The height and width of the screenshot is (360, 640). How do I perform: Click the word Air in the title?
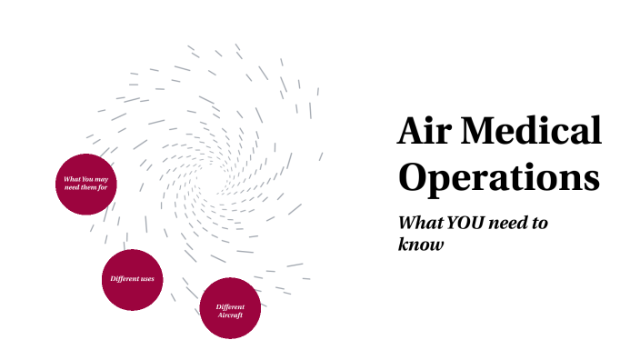pyautogui.click(x=423, y=133)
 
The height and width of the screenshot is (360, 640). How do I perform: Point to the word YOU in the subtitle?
pyautogui.click(x=470, y=224)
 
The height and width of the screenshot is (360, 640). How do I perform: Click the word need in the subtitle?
pyautogui.click(x=515, y=224)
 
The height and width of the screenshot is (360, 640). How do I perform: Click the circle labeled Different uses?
pyautogui.click(x=133, y=279)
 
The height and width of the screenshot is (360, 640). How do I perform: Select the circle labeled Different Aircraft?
pyautogui.click(x=230, y=308)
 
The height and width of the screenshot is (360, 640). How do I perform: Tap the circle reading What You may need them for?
pyautogui.click(x=86, y=184)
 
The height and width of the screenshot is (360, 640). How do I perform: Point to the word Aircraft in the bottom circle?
pyautogui.click(x=230, y=315)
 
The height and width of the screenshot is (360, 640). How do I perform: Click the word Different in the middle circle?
pyautogui.click(x=124, y=278)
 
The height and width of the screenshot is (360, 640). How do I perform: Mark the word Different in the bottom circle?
pyautogui.click(x=230, y=306)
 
